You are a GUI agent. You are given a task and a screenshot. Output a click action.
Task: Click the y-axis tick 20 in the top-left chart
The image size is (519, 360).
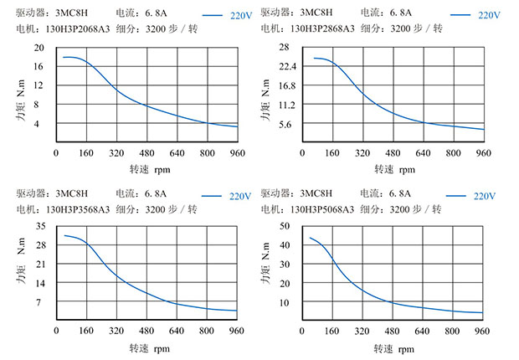point(39,48)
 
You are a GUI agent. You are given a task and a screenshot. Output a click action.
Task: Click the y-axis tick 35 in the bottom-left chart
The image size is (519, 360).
point(39,227)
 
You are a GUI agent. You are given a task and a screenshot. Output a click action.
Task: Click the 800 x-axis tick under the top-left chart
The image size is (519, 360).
point(208,154)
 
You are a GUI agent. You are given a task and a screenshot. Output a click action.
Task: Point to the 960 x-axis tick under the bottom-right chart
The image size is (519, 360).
point(483,332)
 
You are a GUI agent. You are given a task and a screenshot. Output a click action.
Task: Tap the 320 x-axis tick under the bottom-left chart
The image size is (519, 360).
point(116,332)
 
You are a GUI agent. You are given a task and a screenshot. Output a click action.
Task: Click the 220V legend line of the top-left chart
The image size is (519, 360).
point(214,15)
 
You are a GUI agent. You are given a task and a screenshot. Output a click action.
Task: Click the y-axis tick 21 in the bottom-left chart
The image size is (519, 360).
point(39,264)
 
